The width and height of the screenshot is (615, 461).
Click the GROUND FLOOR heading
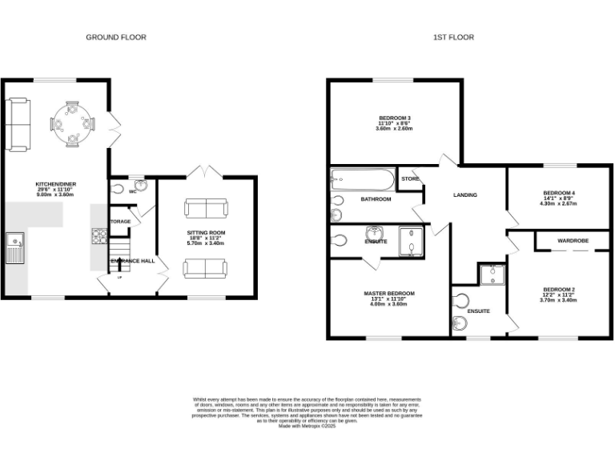click(116, 37)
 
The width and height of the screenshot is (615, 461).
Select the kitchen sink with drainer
click(14, 247)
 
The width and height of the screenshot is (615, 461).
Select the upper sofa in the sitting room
click(206, 209)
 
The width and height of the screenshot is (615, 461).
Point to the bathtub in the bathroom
click(363, 178)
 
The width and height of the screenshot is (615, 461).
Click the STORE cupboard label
click(410, 178)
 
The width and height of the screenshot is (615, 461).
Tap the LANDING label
click(465, 194)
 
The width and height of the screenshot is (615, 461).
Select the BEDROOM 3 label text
click(395, 118)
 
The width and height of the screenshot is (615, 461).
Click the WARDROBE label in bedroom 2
click(573, 239)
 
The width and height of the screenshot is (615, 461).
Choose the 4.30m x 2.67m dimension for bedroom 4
click(559, 203)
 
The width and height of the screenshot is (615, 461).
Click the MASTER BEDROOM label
click(389, 294)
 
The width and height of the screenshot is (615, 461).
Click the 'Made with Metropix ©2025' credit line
click(307, 426)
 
